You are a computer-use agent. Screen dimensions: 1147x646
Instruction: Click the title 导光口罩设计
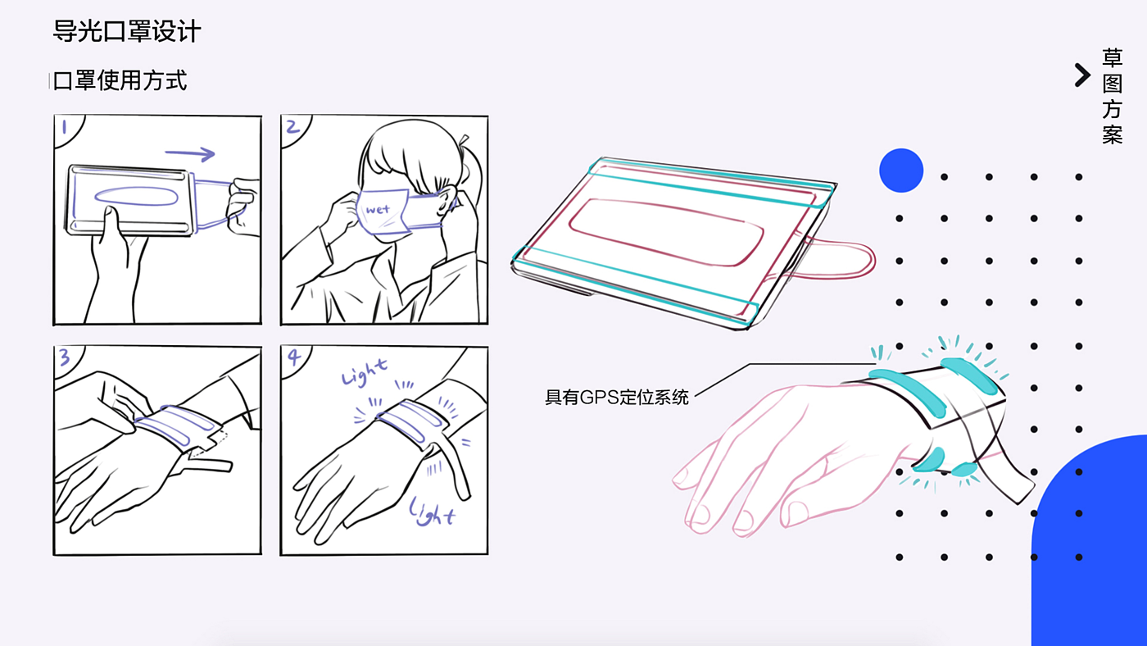tap(126, 31)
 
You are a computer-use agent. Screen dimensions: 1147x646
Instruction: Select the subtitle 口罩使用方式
tap(120, 81)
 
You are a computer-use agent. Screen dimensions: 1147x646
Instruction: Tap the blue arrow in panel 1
tap(190, 153)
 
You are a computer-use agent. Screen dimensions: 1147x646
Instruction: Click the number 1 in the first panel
tap(65, 126)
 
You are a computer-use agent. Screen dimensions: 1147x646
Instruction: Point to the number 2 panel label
tap(292, 126)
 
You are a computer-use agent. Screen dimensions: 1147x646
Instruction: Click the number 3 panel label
tap(65, 357)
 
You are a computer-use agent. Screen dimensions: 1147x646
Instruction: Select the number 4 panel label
tap(293, 357)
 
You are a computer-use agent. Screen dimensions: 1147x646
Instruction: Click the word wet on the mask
tap(378, 209)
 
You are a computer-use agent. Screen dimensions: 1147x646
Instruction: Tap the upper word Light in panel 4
tap(364, 372)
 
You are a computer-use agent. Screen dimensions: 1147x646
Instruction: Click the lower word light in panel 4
tap(432, 512)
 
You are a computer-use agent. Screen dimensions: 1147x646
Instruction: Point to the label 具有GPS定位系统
tap(616, 398)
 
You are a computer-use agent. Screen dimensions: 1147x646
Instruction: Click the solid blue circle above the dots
tap(901, 171)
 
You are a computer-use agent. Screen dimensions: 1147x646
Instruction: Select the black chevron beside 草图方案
tap(1082, 75)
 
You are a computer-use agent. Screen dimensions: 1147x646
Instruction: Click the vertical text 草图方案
tap(1113, 96)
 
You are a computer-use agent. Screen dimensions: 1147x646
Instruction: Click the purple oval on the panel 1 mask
tap(136, 196)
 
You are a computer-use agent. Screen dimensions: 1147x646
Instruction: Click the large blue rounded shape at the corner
tap(1090, 543)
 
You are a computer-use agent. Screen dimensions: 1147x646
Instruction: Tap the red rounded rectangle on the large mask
tap(666, 231)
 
